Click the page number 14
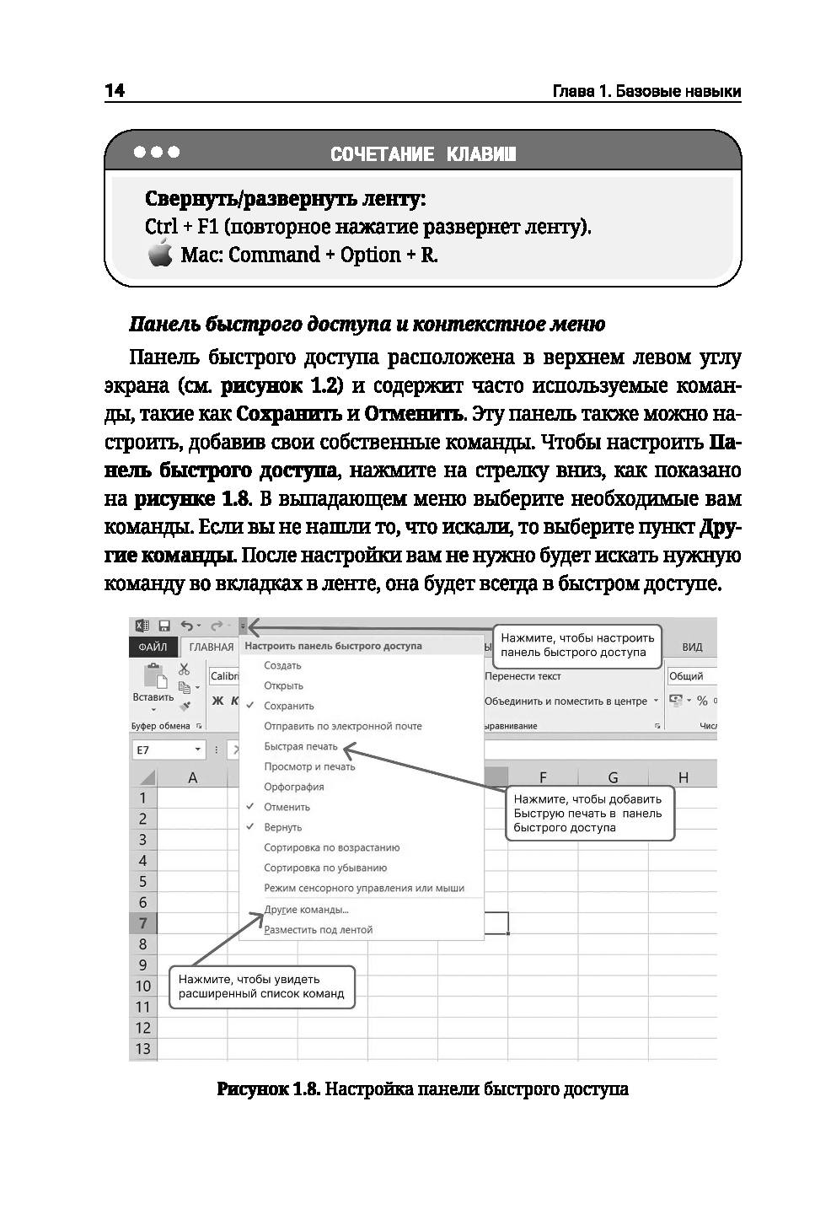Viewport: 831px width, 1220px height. pos(115,90)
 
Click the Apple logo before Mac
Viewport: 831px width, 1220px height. pos(160,253)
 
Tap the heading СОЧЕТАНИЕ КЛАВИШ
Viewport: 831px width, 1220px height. pos(423,154)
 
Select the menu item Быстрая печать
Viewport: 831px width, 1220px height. pos(301,746)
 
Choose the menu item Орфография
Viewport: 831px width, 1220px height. pos(294,787)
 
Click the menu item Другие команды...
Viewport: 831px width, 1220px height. pos(306,910)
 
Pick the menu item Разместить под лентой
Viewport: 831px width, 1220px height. pos(318,930)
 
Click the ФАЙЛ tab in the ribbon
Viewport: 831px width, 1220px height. pos(153,647)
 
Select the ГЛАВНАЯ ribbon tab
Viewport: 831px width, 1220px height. pos(212,647)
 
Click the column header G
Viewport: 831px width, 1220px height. pos(613,777)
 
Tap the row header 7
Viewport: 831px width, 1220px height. pos(143,923)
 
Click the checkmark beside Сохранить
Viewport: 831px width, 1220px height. pos(250,706)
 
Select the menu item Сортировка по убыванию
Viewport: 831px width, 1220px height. pos(325,868)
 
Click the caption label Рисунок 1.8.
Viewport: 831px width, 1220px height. pos(268,1089)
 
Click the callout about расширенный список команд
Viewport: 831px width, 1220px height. pos(261,986)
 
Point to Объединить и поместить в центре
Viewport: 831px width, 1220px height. pos(566,701)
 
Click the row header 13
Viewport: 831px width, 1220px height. pos(143,1049)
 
